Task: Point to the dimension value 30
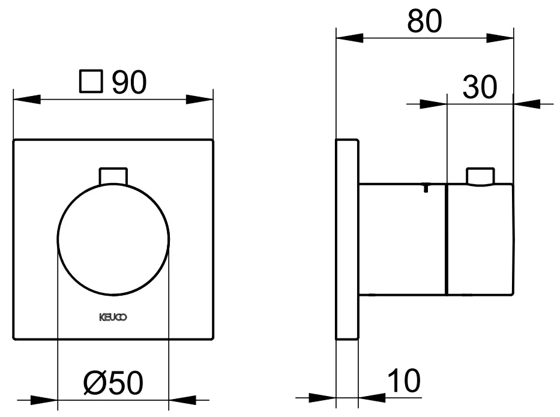(x=480, y=88)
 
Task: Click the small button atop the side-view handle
(x=480, y=176)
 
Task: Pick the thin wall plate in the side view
(x=347, y=240)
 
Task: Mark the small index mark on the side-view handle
(x=425, y=188)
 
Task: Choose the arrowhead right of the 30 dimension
(x=526, y=104)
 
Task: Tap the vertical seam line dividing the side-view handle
(x=447, y=240)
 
